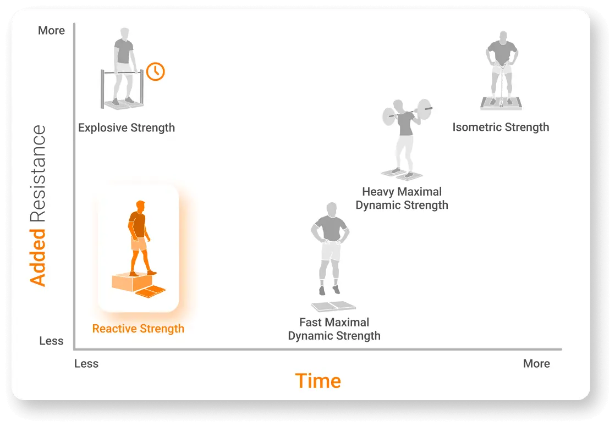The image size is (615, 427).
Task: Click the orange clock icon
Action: click(x=156, y=71)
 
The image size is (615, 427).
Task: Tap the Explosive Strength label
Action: click(x=127, y=128)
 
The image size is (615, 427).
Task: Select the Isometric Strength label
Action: click(x=501, y=127)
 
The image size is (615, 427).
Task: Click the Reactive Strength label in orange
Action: click(x=138, y=329)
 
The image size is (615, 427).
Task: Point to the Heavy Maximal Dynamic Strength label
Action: click(x=402, y=198)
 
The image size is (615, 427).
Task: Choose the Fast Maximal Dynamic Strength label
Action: click(x=334, y=329)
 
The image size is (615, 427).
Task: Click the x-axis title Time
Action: click(x=318, y=381)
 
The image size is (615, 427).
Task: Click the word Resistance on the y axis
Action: click(x=37, y=173)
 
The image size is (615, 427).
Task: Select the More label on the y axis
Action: click(x=51, y=31)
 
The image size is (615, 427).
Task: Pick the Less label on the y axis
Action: click(x=51, y=341)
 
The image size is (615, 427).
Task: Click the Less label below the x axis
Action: click(x=86, y=364)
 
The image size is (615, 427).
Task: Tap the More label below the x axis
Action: click(x=536, y=364)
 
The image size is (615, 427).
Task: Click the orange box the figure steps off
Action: click(x=128, y=281)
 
